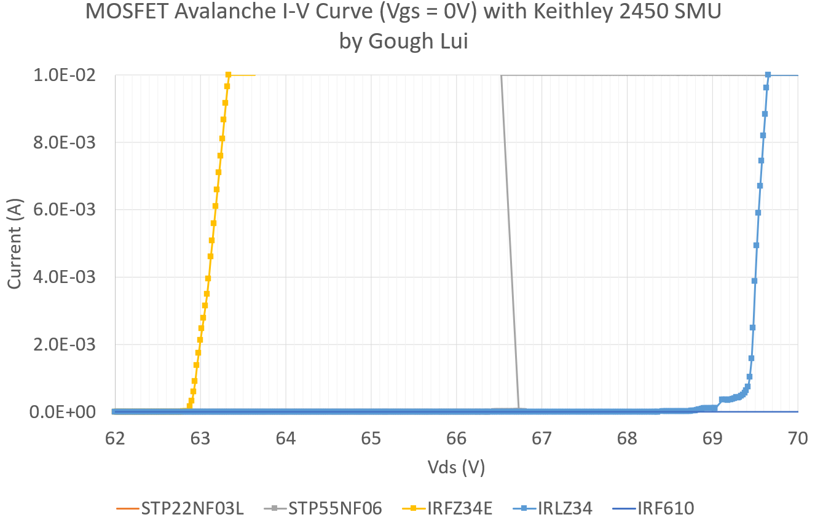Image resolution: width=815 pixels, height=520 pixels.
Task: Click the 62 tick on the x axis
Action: coord(115,438)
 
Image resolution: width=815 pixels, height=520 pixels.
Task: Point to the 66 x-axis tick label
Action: coord(457,438)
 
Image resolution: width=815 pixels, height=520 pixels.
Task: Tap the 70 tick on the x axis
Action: coord(798,438)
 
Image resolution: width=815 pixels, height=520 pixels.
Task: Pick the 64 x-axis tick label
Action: coord(286,438)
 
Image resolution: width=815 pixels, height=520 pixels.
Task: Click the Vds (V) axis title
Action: coord(456,468)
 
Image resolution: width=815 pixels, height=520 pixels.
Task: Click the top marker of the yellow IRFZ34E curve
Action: coord(228,75)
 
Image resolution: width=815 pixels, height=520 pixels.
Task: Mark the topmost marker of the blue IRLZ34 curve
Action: coord(768,75)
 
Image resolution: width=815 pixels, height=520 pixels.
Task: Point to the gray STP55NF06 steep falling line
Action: coord(510,246)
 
